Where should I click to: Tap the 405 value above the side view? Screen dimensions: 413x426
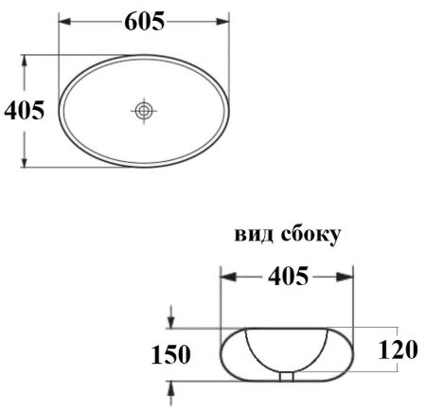click(x=288, y=277)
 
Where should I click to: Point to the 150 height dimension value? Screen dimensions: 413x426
click(x=170, y=355)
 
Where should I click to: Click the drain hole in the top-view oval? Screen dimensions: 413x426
click(x=144, y=111)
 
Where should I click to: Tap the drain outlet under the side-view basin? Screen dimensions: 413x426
click(x=288, y=377)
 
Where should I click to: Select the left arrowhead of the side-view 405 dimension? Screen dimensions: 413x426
click(x=225, y=277)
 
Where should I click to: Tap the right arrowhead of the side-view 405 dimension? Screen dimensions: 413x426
click(x=349, y=277)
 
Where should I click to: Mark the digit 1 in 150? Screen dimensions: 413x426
click(x=154, y=355)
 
